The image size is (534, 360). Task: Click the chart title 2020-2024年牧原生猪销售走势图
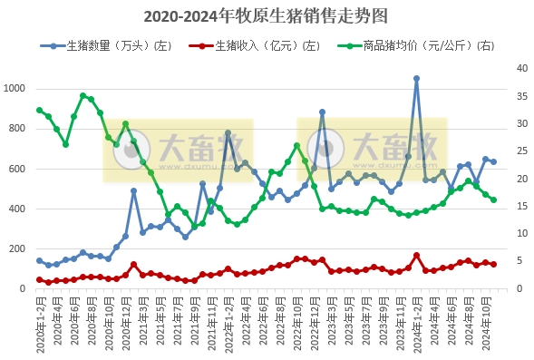267,16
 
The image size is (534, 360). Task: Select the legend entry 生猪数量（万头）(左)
113,44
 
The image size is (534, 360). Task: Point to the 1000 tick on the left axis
16,89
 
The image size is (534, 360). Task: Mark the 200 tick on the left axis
20,249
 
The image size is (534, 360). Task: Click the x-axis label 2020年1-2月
39,325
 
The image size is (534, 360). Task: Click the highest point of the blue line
416,79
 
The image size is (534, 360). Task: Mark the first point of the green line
39,111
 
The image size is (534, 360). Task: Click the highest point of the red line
416,256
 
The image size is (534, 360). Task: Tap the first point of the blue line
39,260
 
